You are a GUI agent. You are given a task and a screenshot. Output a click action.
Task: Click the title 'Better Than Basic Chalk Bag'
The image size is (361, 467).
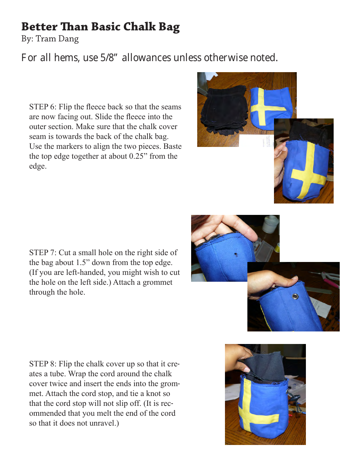[100, 27]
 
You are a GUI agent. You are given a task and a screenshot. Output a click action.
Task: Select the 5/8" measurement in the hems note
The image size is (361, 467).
[108, 58]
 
